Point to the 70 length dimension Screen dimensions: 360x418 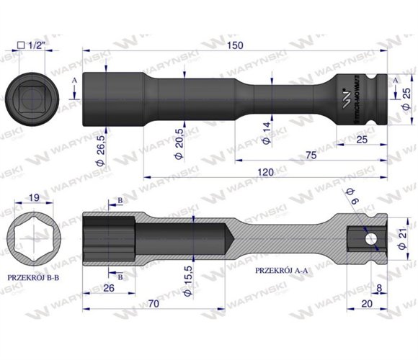point(152,305)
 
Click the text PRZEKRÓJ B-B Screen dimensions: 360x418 point(34,275)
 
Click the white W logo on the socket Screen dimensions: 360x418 point(344,93)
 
